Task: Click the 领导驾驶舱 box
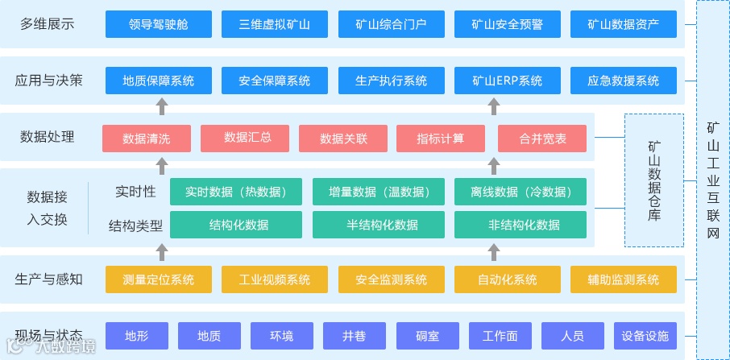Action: click(159, 24)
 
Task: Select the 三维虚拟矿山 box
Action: click(275, 24)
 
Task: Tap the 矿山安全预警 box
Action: click(507, 24)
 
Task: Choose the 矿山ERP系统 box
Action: click(507, 81)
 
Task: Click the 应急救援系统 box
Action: click(623, 81)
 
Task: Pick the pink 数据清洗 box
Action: click(147, 139)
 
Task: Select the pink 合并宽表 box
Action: click(542, 139)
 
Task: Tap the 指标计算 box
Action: click(440, 139)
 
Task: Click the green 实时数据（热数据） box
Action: click(236, 192)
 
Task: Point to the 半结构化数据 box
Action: click(379, 225)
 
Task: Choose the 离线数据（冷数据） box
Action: click(521, 192)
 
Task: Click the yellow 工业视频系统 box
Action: click(275, 279)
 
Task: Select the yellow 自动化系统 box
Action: click(507, 279)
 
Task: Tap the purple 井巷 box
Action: click(355, 336)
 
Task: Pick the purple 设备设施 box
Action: click(645, 336)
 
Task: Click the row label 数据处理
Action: click(47, 137)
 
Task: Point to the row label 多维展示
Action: click(47, 24)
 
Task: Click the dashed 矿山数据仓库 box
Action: click(653, 180)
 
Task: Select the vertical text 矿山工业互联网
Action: click(712, 180)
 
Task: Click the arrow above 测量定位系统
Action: click(162, 253)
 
